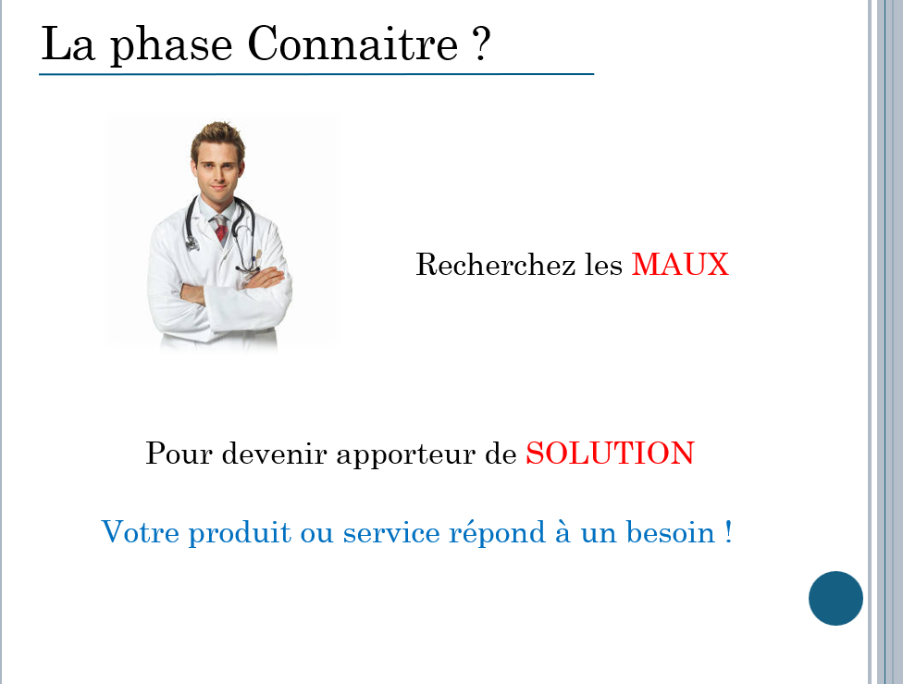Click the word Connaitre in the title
[353, 44]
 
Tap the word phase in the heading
[171, 46]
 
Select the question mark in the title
[481, 44]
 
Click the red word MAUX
[680, 265]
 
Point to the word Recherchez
[495, 265]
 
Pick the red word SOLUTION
[610, 453]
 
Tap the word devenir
[274, 453]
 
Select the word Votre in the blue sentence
[140, 532]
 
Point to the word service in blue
[391, 532]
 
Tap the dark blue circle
[835, 598]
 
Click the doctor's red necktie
[220, 229]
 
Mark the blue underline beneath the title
[316, 74]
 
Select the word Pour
[179, 453]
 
